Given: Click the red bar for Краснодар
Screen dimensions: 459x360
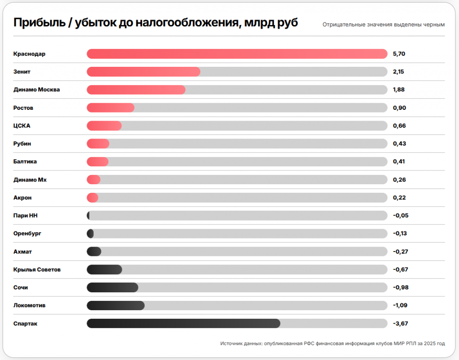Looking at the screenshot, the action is pyautogui.click(x=237, y=54).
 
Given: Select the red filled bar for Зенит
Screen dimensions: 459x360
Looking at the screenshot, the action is pyautogui.click(x=143, y=72).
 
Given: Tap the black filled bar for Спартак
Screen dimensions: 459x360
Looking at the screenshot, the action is pyautogui.click(x=183, y=323).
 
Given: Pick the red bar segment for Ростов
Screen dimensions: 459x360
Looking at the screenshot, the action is pyautogui.click(x=111, y=108).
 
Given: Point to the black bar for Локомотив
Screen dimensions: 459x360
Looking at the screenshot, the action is pyautogui.click(x=116, y=306).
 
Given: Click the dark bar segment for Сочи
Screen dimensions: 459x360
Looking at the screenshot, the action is pyautogui.click(x=113, y=287).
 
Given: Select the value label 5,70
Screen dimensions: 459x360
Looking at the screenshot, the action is pyautogui.click(x=399, y=54).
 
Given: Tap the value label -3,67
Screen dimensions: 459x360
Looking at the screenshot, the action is pyautogui.click(x=400, y=323).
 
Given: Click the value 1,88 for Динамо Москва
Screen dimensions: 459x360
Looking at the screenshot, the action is pyautogui.click(x=398, y=90).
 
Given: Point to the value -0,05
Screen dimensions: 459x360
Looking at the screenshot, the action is pyautogui.click(x=401, y=215).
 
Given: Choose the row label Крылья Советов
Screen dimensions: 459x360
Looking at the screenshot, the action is pyautogui.click(x=37, y=269).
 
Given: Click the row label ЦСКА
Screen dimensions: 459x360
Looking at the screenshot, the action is pyautogui.click(x=22, y=126).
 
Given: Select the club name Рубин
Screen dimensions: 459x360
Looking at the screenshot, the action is pyautogui.click(x=22, y=144).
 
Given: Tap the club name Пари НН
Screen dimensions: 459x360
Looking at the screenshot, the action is pyautogui.click(x=26, y=216).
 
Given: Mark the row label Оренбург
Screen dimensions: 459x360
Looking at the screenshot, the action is pyautogui.click(x=27, y=234).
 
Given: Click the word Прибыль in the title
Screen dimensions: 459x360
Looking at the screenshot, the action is pyautogui.click(x=39, y=22).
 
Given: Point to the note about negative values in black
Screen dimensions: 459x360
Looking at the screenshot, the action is pyautogui.click(x=384, y=25).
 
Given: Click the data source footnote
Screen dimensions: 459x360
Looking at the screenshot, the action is pyautogui.click(x=333, y=343).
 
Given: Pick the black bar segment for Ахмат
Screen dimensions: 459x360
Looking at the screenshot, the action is pyautogui.click(x=94, y=252).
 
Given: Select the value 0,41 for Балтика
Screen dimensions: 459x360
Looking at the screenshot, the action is pyautogui.click(x=398, y=161).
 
